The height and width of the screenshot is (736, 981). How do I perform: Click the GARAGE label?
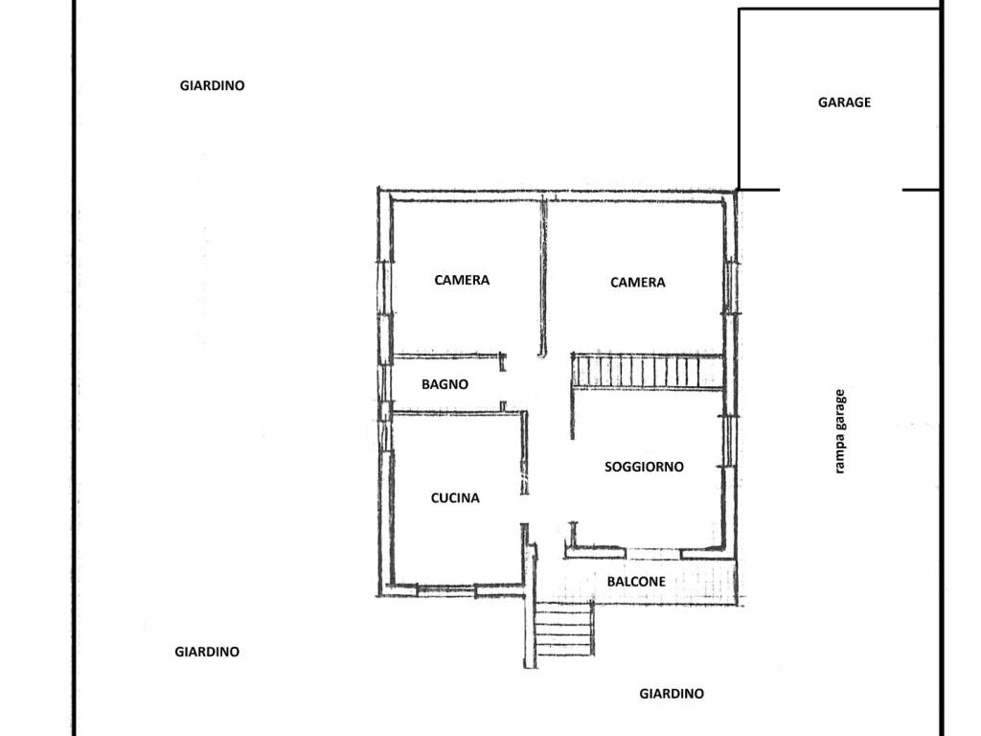point(844,102)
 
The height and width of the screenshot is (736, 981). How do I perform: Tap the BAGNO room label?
point(445,384)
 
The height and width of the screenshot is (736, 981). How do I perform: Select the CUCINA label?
point(455,498)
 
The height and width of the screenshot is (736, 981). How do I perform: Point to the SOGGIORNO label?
point(644,467)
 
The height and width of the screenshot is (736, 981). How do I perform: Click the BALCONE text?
point(636,582)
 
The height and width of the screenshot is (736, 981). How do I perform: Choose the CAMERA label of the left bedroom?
point(462,280)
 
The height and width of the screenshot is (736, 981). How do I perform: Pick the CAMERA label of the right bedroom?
point(637,283)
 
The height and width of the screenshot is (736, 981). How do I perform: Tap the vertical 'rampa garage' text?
point(839,431)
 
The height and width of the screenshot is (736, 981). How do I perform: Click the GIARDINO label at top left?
point(212,85)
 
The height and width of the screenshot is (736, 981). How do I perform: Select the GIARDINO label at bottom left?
point(207,652)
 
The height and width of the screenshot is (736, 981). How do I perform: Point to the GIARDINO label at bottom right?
point(672,694)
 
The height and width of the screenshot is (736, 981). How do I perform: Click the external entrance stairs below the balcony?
point(564,629)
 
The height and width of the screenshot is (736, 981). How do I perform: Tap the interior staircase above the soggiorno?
point(647,372)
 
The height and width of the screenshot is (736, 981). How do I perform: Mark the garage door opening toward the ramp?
point(841,189)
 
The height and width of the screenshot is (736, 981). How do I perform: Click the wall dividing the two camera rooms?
point(543,277)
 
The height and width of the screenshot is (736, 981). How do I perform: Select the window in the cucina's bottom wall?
point(446,588)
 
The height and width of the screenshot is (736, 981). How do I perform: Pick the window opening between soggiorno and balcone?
point(653,553)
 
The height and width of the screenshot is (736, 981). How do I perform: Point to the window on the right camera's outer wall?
point(729,287)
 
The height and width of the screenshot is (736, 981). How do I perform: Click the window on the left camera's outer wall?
point(385,287)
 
